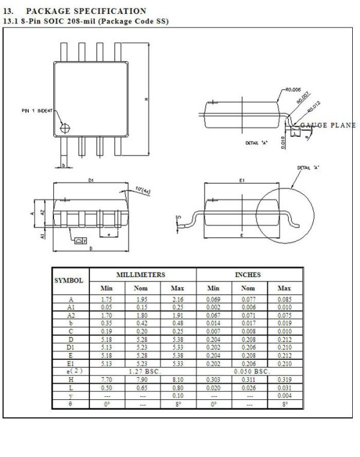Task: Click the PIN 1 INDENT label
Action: (x=36, y=111)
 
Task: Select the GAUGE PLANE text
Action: (x=328, y=125)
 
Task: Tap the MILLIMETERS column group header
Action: (x=140, y=274)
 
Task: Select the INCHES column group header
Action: (x=247, y=274)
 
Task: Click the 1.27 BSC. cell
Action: (x=142, y=371)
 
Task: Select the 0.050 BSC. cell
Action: (x=248, y=371)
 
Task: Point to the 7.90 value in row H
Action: (x=142, y=381)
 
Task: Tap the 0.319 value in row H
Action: (x=284, y=381)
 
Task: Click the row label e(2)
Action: (x=71, y=371)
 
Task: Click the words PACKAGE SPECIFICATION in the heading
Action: (x=86, y=11)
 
